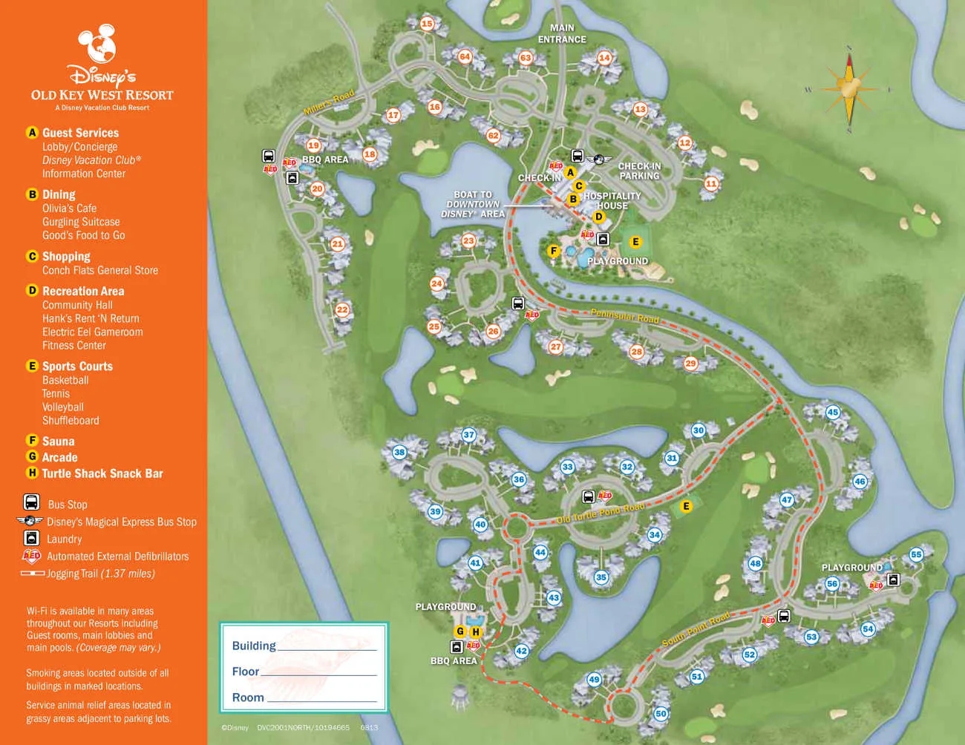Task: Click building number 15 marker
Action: (427, 24)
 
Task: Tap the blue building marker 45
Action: (833, 412)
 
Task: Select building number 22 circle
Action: (342, 309)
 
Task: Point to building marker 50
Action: (661, 713)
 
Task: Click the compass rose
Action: (849, 90)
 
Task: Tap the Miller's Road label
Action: (329, 103)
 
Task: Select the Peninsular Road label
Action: (624, 316)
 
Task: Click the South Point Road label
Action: (696, 629)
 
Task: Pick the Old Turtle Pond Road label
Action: (601, 513)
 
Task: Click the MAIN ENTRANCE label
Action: (562, 33)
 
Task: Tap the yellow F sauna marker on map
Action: (553, 251)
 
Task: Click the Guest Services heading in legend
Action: (80, 133)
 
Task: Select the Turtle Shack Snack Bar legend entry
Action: (102, 473)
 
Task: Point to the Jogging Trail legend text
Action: (101, 574)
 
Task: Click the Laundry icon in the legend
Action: (32, 538)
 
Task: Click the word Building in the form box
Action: (254, 646)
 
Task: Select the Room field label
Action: (248, 698)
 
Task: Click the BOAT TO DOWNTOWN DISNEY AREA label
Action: (473, 204)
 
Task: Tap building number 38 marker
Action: (399, 452)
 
